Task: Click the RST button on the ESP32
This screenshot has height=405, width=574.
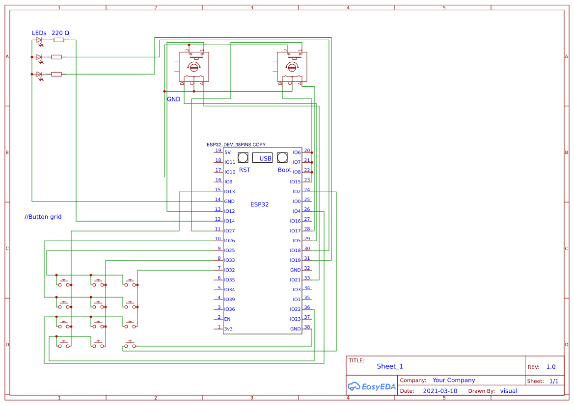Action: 243,157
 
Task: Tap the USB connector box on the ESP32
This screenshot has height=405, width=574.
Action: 262,158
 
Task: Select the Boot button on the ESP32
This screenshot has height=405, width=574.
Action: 282,157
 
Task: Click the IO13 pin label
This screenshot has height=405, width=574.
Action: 229,192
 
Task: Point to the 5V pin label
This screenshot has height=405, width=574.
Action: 227,152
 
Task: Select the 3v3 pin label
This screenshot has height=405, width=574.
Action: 228,329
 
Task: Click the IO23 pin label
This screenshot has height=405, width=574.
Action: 295,319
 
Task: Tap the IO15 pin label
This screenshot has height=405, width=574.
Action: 295,182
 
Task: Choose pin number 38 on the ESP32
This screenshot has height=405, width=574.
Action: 307,327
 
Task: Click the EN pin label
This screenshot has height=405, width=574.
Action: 227,319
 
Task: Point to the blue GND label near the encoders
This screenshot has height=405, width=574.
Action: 174,99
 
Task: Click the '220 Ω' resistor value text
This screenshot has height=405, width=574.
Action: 60,33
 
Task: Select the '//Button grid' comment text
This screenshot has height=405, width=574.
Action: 43,217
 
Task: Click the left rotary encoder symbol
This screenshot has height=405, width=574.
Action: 194,67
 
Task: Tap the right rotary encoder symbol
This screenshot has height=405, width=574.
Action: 292,67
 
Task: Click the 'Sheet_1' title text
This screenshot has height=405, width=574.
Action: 390,366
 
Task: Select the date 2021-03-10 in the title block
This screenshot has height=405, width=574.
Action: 439,391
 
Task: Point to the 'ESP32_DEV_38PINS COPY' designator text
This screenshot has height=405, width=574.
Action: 236,145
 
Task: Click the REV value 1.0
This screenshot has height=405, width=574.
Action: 551,367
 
